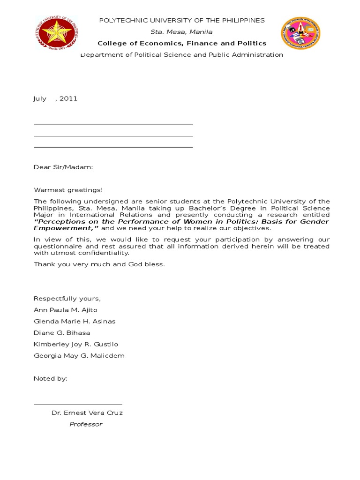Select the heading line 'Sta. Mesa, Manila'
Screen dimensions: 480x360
click(x=181, y=32)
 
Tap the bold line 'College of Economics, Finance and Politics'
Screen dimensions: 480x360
click(x=182, y=43)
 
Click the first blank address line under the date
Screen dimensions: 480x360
click(x=113, y=125)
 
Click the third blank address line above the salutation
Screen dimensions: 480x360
click(x=113, y=147)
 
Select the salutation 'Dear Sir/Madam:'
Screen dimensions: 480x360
click(x=63, y=167)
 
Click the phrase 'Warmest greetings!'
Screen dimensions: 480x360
click(x=68, y=190)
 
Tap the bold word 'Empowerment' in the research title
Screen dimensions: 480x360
click(x=63, y=228)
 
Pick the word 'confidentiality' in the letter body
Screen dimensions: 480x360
click(x=105, y=253)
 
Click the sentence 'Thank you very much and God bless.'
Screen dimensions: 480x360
click(x=99, y=264)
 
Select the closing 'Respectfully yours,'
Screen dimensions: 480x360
click(x=67, y=299)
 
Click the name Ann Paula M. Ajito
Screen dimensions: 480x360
click(x=66, y=310)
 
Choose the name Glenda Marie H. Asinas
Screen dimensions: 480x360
click(x=75, y=322)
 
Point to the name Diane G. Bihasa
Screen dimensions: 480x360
click(x=62, y=333)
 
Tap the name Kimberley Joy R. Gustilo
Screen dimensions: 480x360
click(x=76, y=344)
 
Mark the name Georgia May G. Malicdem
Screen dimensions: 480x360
click(x=79, y=356)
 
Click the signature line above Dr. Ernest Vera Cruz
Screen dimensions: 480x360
click(x=78, y=404)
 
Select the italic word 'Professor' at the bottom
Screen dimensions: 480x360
click(x=86, y=424)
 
